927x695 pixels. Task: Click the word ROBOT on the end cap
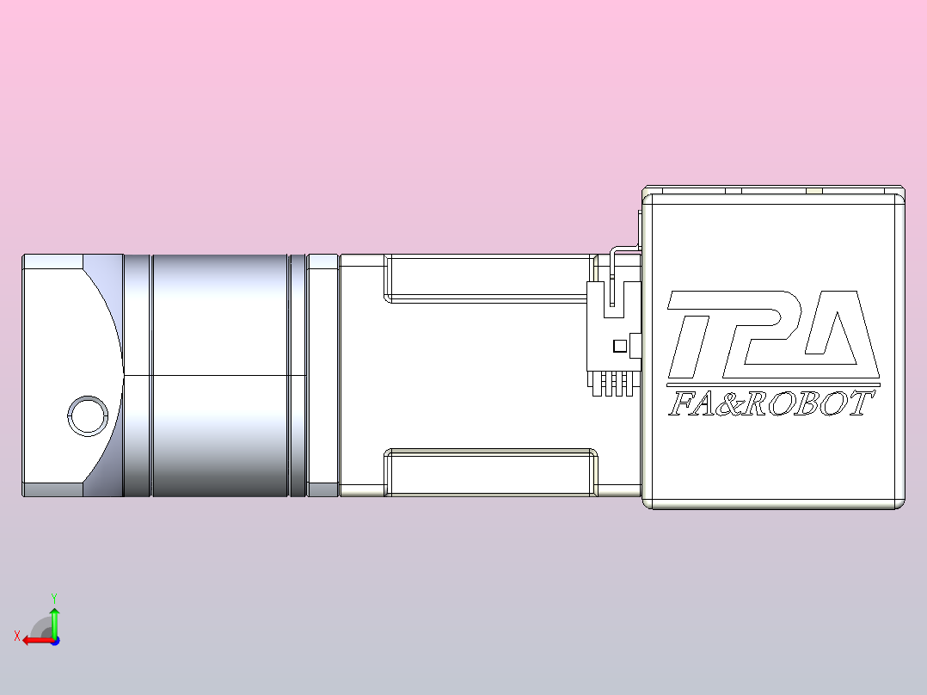coord(808,404)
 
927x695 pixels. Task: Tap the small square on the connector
coord(618,346)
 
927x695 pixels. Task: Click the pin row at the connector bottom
coord(612,385)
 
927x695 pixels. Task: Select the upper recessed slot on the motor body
coord(490,278)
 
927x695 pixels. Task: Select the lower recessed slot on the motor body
coord(490,472)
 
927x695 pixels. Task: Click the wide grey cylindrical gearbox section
coord(219,376)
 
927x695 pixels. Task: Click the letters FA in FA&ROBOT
coord(692,404)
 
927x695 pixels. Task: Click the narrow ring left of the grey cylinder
coord(137,376)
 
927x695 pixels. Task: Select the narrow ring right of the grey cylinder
coord(298,376)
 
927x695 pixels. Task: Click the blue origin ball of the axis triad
coord(54,640)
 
